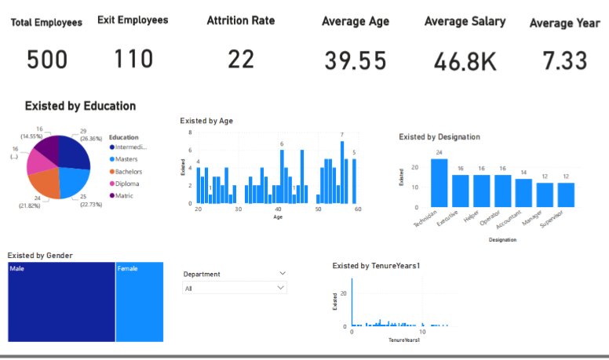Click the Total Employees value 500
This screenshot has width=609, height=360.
click(46, 60)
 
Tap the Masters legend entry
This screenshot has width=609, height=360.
click(126, 159)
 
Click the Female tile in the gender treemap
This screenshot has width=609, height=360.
click(139, 303)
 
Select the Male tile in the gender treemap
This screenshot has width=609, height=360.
click(61, 303)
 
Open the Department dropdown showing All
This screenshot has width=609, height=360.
click(235, 289)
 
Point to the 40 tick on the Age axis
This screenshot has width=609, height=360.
click(278, 209)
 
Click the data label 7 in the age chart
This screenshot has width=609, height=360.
click(341, 135)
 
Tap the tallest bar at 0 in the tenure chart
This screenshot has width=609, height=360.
click(352, 302)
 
